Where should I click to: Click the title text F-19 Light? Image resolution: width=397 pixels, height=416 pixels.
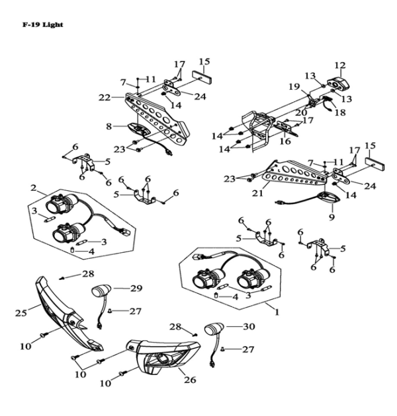[42, 25]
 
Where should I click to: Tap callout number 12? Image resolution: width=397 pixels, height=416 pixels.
[340, 65]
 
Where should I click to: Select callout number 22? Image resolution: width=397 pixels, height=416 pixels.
[104, 97]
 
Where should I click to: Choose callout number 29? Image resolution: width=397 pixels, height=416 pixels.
[136, 288]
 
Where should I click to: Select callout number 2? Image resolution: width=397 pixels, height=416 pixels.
[33, 188]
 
